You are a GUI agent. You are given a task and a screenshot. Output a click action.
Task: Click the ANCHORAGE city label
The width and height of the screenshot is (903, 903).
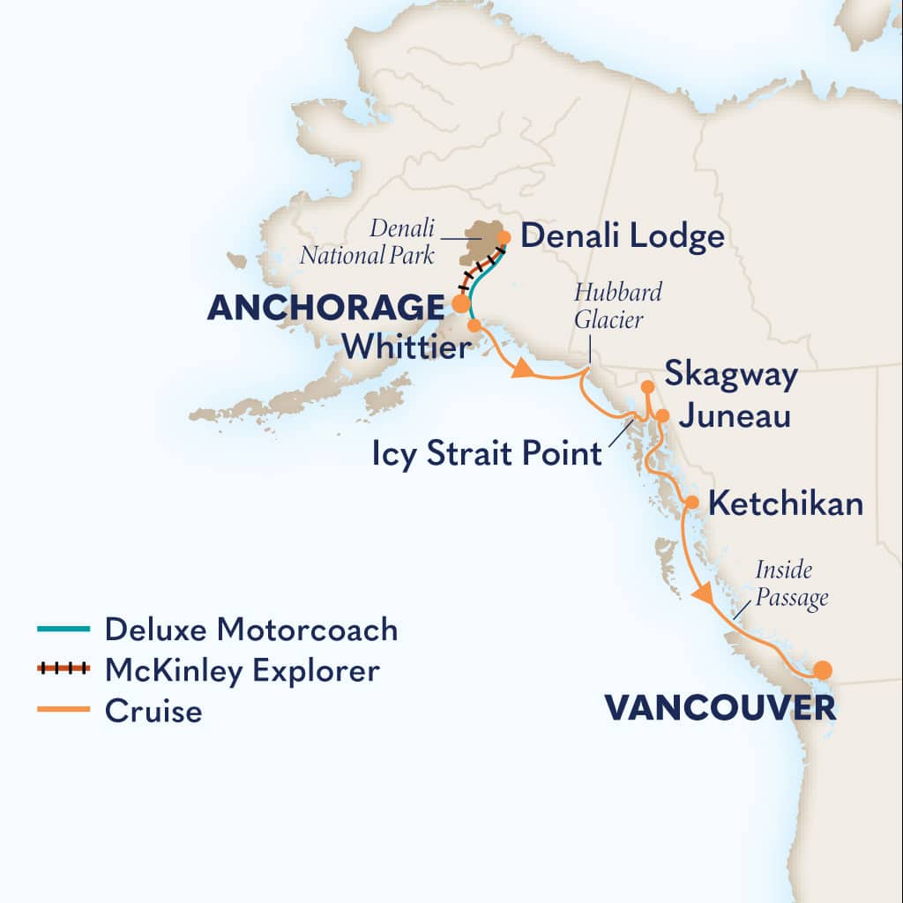325,307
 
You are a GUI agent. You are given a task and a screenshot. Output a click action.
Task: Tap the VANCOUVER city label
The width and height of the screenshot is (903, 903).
719,707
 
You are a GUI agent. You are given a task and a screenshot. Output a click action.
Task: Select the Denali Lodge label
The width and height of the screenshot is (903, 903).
623,236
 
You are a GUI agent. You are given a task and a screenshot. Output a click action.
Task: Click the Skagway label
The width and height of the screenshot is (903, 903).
731,374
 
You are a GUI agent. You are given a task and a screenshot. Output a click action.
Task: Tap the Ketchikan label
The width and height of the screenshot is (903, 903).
785,504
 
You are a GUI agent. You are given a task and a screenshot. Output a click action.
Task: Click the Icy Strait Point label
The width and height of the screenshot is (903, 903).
485,455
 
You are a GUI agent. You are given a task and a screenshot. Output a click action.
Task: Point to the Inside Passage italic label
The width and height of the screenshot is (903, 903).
791,584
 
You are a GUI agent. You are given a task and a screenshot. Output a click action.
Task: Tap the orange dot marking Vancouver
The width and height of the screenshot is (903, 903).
822,668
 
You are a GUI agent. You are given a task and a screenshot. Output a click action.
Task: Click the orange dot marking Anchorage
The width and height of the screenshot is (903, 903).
460,303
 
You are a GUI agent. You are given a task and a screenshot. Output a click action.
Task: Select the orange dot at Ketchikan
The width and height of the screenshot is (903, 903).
692,502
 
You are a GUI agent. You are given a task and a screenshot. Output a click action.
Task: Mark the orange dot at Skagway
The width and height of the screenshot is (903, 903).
646,386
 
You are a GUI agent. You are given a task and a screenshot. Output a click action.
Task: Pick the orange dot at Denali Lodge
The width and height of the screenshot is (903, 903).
504,236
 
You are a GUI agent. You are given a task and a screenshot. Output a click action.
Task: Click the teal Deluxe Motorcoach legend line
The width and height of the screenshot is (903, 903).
63,630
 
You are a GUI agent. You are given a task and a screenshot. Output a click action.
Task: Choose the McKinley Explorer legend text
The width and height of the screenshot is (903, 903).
242,670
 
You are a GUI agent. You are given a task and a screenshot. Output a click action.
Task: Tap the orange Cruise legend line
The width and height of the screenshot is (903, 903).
63,709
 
